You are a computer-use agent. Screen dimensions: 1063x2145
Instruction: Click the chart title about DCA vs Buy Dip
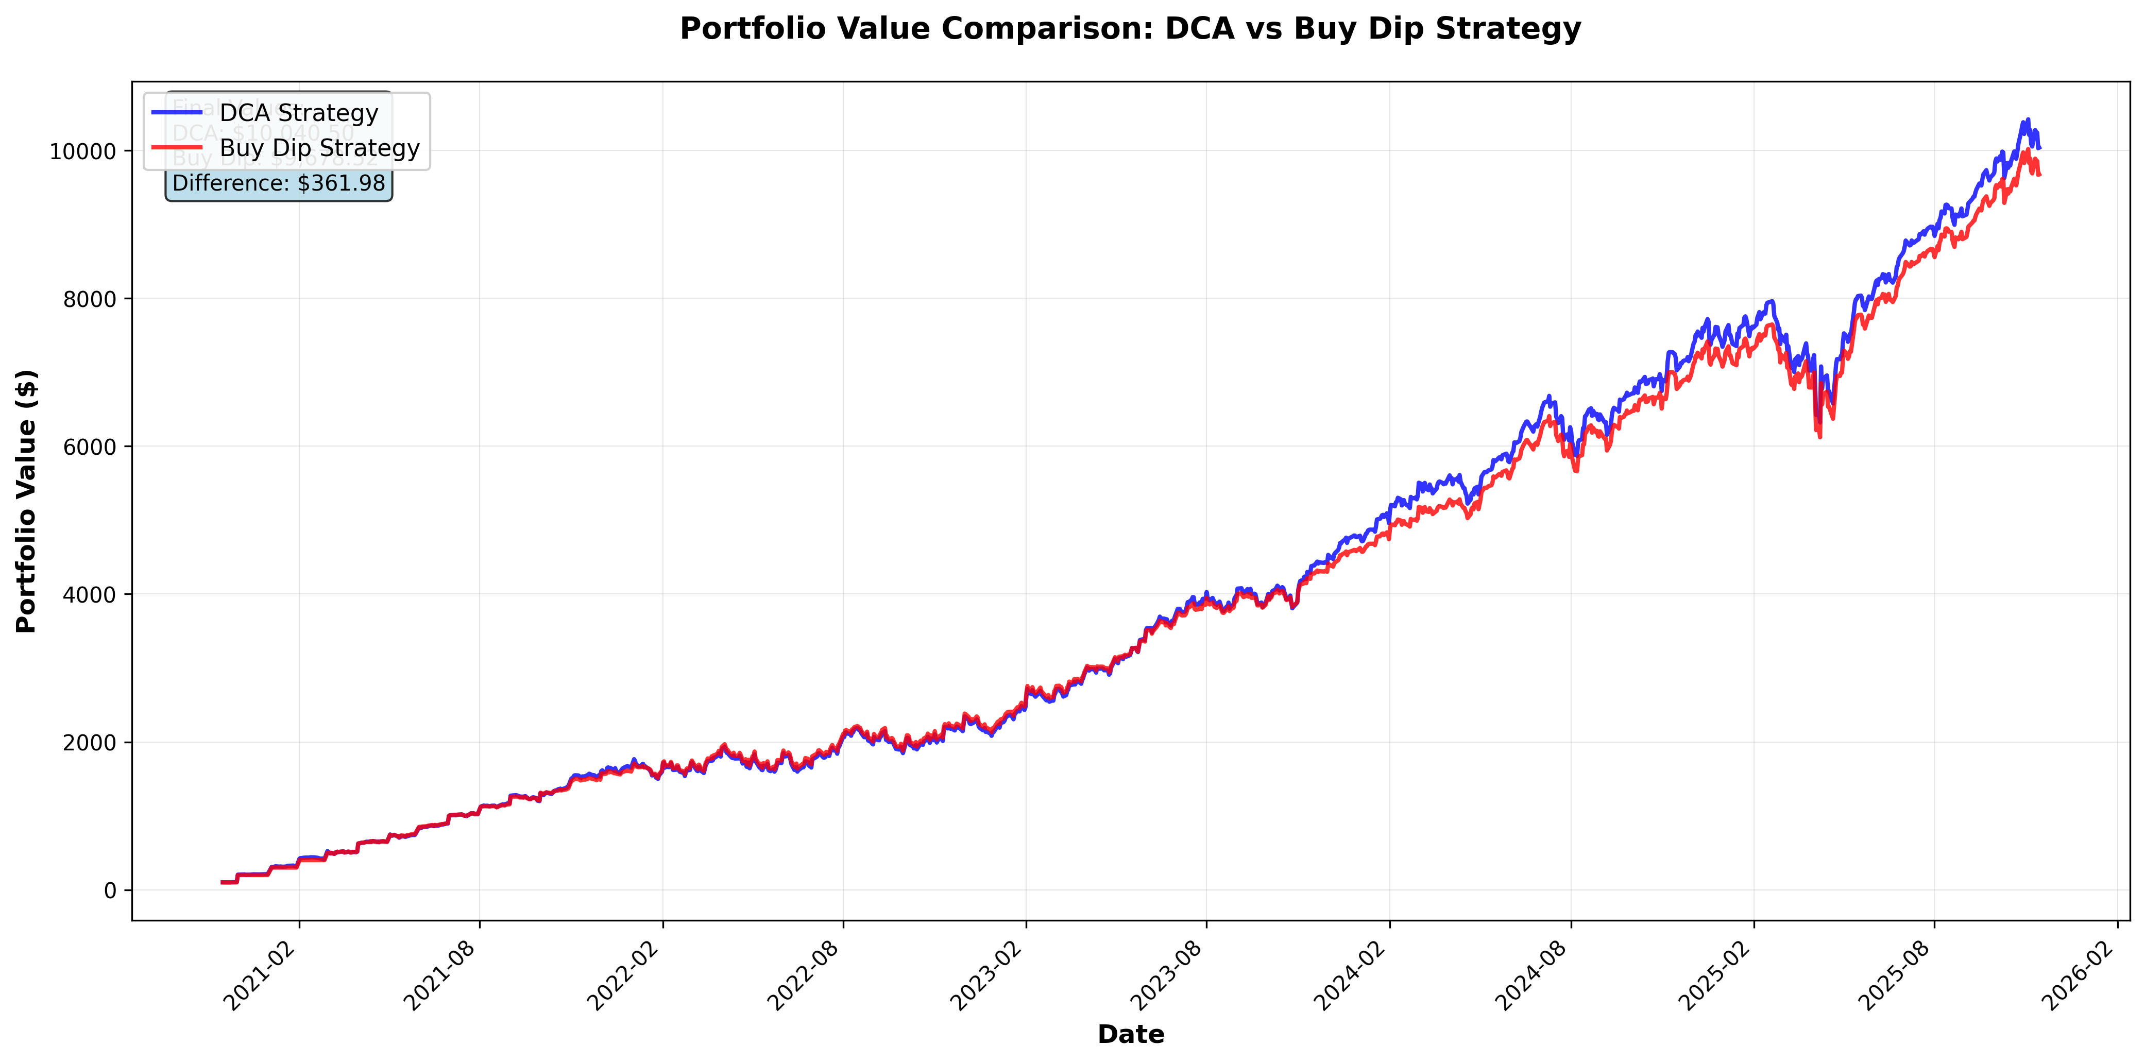coord(1130,29)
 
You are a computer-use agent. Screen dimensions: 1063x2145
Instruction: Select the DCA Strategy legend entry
coord(298,112)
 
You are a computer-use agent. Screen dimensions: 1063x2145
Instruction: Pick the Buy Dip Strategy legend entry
coord(319,148)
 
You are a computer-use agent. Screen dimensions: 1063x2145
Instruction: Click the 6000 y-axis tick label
coord(89,447)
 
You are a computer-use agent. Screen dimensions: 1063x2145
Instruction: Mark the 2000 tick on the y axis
coord(89,743)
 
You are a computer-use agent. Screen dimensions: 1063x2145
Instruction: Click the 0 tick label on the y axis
coord(110,890)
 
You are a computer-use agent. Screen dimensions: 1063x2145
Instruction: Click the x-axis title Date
coord(1130,1035)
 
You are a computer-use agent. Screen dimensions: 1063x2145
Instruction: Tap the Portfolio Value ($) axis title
coord(27,501)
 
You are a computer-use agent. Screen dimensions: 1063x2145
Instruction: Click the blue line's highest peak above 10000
coord(2028,120)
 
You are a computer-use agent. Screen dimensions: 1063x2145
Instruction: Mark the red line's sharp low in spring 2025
coord(1819,436)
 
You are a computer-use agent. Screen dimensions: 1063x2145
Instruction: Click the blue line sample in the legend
coord(177,112)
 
